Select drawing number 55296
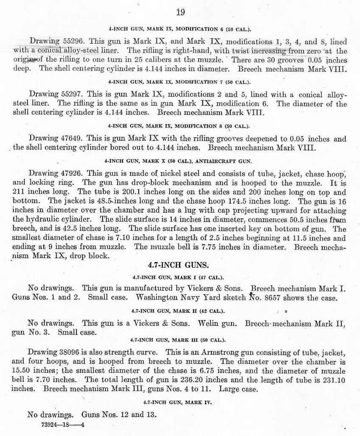point(69,42)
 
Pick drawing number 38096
point(68,352)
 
